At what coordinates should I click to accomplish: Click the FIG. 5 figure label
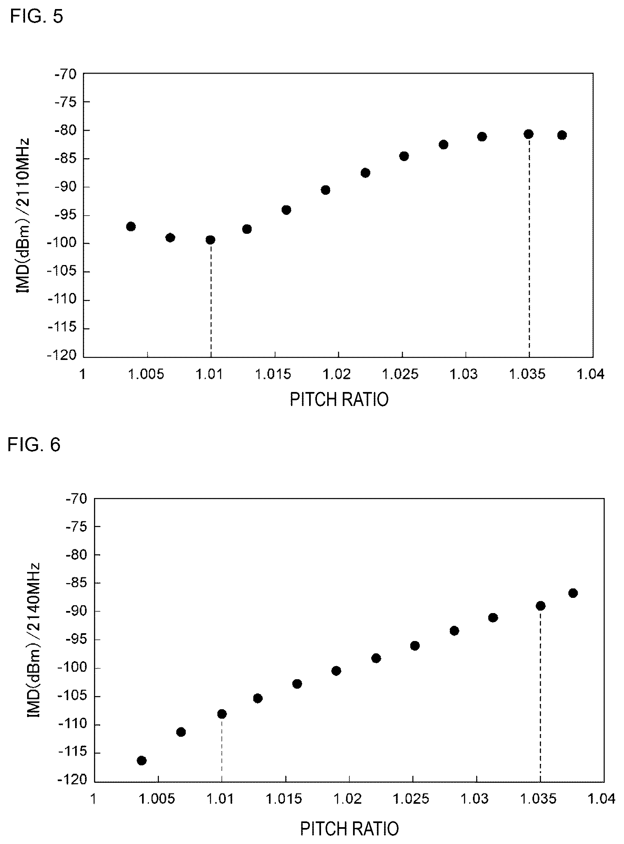click(37, 17)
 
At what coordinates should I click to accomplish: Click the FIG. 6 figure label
click(34, 445)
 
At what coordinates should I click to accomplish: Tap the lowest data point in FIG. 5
click(210, 240)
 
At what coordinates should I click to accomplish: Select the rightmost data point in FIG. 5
click(562, 135)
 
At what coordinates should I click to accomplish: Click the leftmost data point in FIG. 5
click(131, 226)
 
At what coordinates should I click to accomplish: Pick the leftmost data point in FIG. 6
click(142, 761)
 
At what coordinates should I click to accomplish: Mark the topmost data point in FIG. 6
click(573, 593)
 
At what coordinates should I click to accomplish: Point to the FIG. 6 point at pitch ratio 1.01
click(222, 714)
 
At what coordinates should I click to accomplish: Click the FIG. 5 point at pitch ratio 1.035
click(529, 134)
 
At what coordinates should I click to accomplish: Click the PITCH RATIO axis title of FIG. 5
click(339, 399)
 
